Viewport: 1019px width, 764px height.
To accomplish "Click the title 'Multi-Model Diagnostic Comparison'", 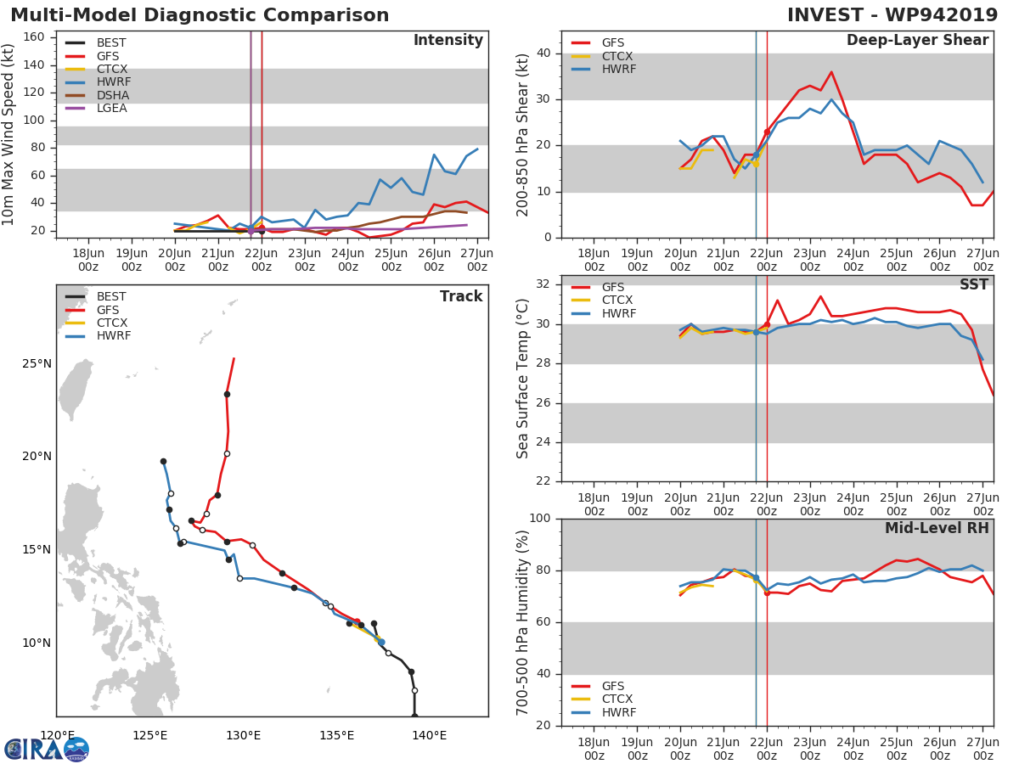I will [x=200, y=15].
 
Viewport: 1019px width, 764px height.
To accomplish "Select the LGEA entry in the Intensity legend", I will [x=111, y=108].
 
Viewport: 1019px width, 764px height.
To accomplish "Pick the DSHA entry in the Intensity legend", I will [x=112, y=95].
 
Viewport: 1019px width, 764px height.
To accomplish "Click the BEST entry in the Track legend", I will [x=111, y=297].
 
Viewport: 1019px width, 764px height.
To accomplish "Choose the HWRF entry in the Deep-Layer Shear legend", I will [x=618, y=69].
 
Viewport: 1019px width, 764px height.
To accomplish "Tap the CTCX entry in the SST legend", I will [x=617, y=301].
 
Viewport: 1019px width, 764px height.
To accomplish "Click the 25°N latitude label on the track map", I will [x=37, y=363].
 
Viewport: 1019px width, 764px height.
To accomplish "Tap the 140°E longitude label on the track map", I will [x=429, y=735].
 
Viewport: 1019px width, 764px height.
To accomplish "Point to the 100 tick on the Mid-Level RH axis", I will [x=539, y=519].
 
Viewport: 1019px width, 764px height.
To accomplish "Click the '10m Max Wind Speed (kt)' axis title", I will [x=9, y=135].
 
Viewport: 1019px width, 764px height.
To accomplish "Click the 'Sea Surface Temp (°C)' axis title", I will [x=524, y=379].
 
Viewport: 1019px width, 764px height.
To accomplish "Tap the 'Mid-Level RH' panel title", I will [x=937, y=528].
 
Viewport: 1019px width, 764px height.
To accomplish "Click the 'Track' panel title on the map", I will [x=461, y=296].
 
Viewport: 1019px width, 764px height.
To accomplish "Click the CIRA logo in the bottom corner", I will [x=47, y=750].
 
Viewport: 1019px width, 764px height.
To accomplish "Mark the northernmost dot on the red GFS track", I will [x=227, y=394].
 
